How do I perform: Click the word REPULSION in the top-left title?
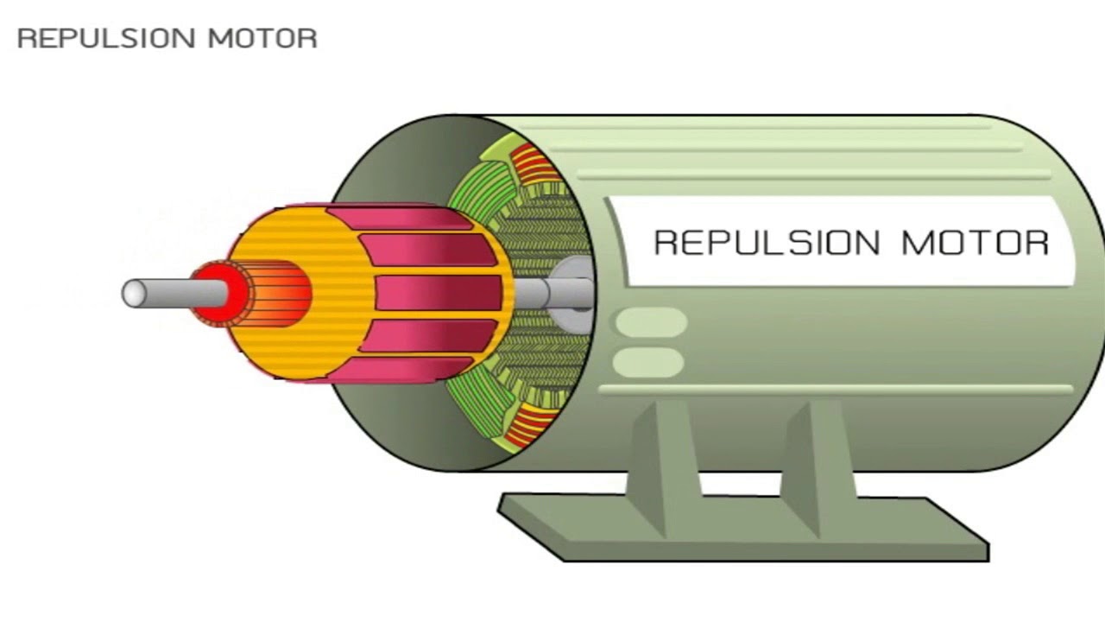(106, 39)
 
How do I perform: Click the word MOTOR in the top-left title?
(262, 39)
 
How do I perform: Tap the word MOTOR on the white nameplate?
(976, 243)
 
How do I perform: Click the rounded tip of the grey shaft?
(132, 293)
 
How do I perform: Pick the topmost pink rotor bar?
(400, 219)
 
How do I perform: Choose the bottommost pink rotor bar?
(402, 371)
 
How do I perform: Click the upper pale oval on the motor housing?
(651, 322)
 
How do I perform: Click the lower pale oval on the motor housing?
(648, 362)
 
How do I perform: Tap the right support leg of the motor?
(819, 469)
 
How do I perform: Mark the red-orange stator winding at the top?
(535, 164)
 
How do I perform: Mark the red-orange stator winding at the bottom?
(530, 424)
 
